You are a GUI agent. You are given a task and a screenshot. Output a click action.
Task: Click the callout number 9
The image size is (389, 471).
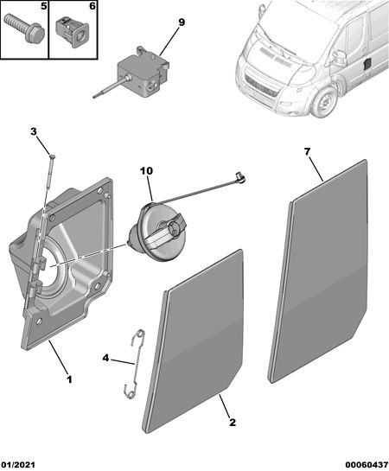[x=182, y=22]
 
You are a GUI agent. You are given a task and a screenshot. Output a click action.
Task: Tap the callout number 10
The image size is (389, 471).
[x=146, y=171]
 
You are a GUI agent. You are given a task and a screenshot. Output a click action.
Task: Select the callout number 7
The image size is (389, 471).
[x=307, y=152]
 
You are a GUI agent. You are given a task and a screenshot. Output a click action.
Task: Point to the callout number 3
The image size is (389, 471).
[x=34, y=131]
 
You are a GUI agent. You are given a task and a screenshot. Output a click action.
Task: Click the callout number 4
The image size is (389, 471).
[x=105, y=358]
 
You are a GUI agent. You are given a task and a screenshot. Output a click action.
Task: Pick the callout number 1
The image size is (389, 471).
[x=69, y=379]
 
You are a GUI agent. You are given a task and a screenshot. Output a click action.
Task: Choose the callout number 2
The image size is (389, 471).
[x=233, y=423]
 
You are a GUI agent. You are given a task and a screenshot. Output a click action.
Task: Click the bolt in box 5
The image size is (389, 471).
[x=25, y=29]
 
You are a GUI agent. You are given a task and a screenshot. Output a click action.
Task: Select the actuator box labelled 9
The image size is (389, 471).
[x=143, y=75]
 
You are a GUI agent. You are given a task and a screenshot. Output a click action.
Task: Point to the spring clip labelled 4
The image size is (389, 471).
[x=135, y=365]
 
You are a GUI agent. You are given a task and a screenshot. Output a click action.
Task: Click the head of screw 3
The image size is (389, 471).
[x=52, y=156]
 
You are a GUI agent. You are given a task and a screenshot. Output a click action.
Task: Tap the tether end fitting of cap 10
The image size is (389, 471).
[x=241, y=177]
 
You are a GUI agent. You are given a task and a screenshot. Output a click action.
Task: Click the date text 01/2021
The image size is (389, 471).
[x=18, y=465]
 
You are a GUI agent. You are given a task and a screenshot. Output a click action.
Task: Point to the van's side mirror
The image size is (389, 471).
[x=341, y=57]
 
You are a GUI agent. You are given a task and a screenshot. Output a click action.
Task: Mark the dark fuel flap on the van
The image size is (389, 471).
[x=367, y=65]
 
